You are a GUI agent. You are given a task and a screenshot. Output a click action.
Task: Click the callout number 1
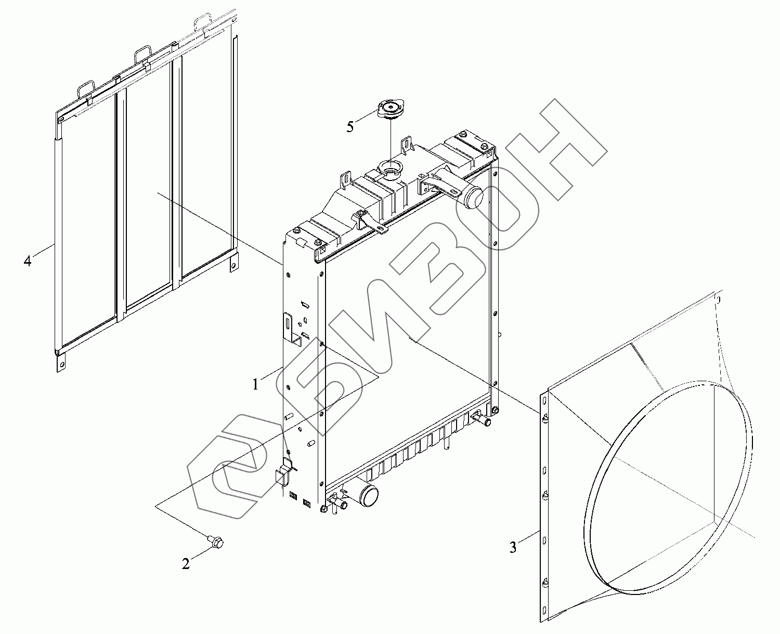[x=256, y=384]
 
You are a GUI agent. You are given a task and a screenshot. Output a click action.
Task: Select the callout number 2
[x=186, y=564]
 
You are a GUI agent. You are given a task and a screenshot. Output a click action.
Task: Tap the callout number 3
[x=513, y=548]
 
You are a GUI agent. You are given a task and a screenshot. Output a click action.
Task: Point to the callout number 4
[x=28, y=261]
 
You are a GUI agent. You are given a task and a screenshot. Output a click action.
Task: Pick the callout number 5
[x=350, y=127]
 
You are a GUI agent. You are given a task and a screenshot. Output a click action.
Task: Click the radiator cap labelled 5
[x=390, y=110]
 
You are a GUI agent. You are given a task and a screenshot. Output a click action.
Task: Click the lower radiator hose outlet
[x=368, y=495]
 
